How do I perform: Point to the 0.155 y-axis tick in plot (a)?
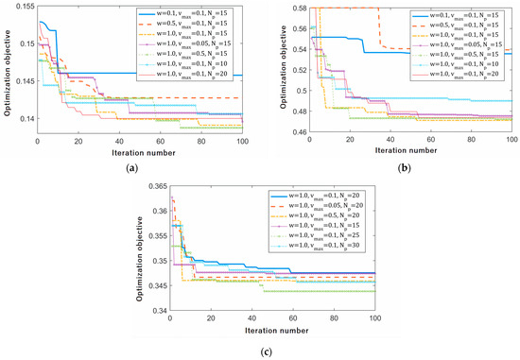pyautogui.click(x=20, y=8)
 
